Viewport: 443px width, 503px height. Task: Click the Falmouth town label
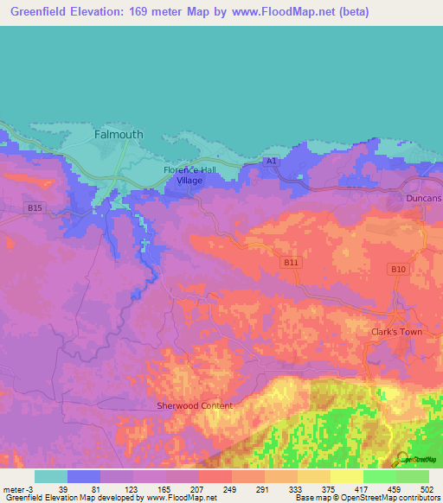click(118, 135)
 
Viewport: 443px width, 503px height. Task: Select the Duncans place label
click(423, 199)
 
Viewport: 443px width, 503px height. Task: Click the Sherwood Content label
click(195, 405)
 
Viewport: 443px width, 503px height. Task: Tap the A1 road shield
click(271, 161)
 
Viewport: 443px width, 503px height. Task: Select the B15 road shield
click(35, 208)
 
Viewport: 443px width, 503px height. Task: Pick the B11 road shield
click(290, 261)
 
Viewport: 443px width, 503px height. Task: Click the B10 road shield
click(397, 270)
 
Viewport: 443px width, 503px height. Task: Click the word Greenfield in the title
click(41, 12)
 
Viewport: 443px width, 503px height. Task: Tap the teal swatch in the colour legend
click(51, 476)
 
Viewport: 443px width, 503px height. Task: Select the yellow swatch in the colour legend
click(347, 476)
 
